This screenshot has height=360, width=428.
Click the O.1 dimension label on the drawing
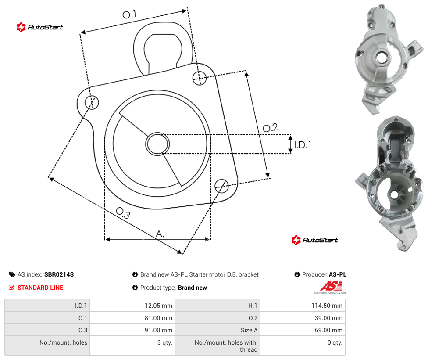click(x=129, y=14)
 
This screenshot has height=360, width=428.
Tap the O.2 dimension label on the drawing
click(x=270, y=128)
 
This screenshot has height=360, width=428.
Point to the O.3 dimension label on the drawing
click(x=123, y=213)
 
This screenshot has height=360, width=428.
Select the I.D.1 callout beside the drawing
click(x=303, y=145)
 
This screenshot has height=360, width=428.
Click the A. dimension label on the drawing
click(x=160, y=234)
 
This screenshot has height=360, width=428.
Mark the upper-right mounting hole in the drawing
click(x=200, y=78)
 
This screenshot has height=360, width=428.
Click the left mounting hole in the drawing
click(x=92, y=102)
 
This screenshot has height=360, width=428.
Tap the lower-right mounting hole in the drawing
click(x=221, y=186)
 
